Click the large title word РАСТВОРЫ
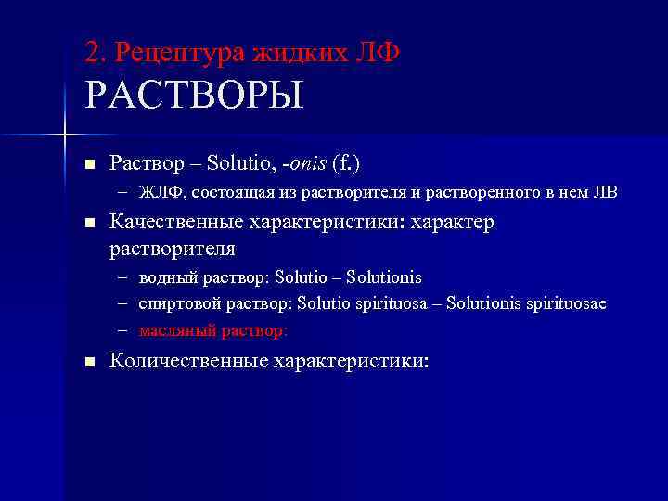click(194, 96)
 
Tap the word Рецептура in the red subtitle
click(176, 53)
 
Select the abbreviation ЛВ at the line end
click(603, 193)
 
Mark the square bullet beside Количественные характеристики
click(89, 362)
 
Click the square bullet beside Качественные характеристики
click(89, 225)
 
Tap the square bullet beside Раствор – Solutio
click(89, 164)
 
